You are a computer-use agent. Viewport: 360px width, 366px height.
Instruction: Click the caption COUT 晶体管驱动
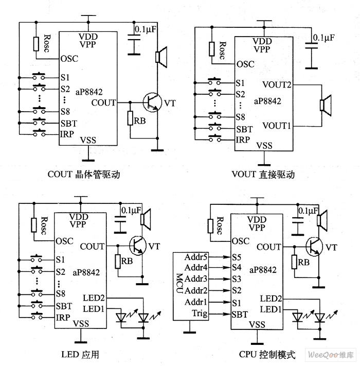coord(83,175)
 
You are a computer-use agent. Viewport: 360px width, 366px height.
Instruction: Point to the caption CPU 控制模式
coord(267,355)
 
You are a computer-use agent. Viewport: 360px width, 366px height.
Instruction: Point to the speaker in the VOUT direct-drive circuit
coord(325,104)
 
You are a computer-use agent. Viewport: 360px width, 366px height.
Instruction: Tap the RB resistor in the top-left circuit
coord(131,118)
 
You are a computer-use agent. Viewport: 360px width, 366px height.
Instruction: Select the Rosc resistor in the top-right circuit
coord(212,49)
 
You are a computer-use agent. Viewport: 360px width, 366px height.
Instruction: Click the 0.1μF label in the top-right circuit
coord(323,38)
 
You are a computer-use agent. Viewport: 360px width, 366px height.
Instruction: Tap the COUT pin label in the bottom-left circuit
coord(92,247)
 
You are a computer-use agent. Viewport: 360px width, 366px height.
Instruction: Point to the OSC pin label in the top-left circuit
coord(69,58)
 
